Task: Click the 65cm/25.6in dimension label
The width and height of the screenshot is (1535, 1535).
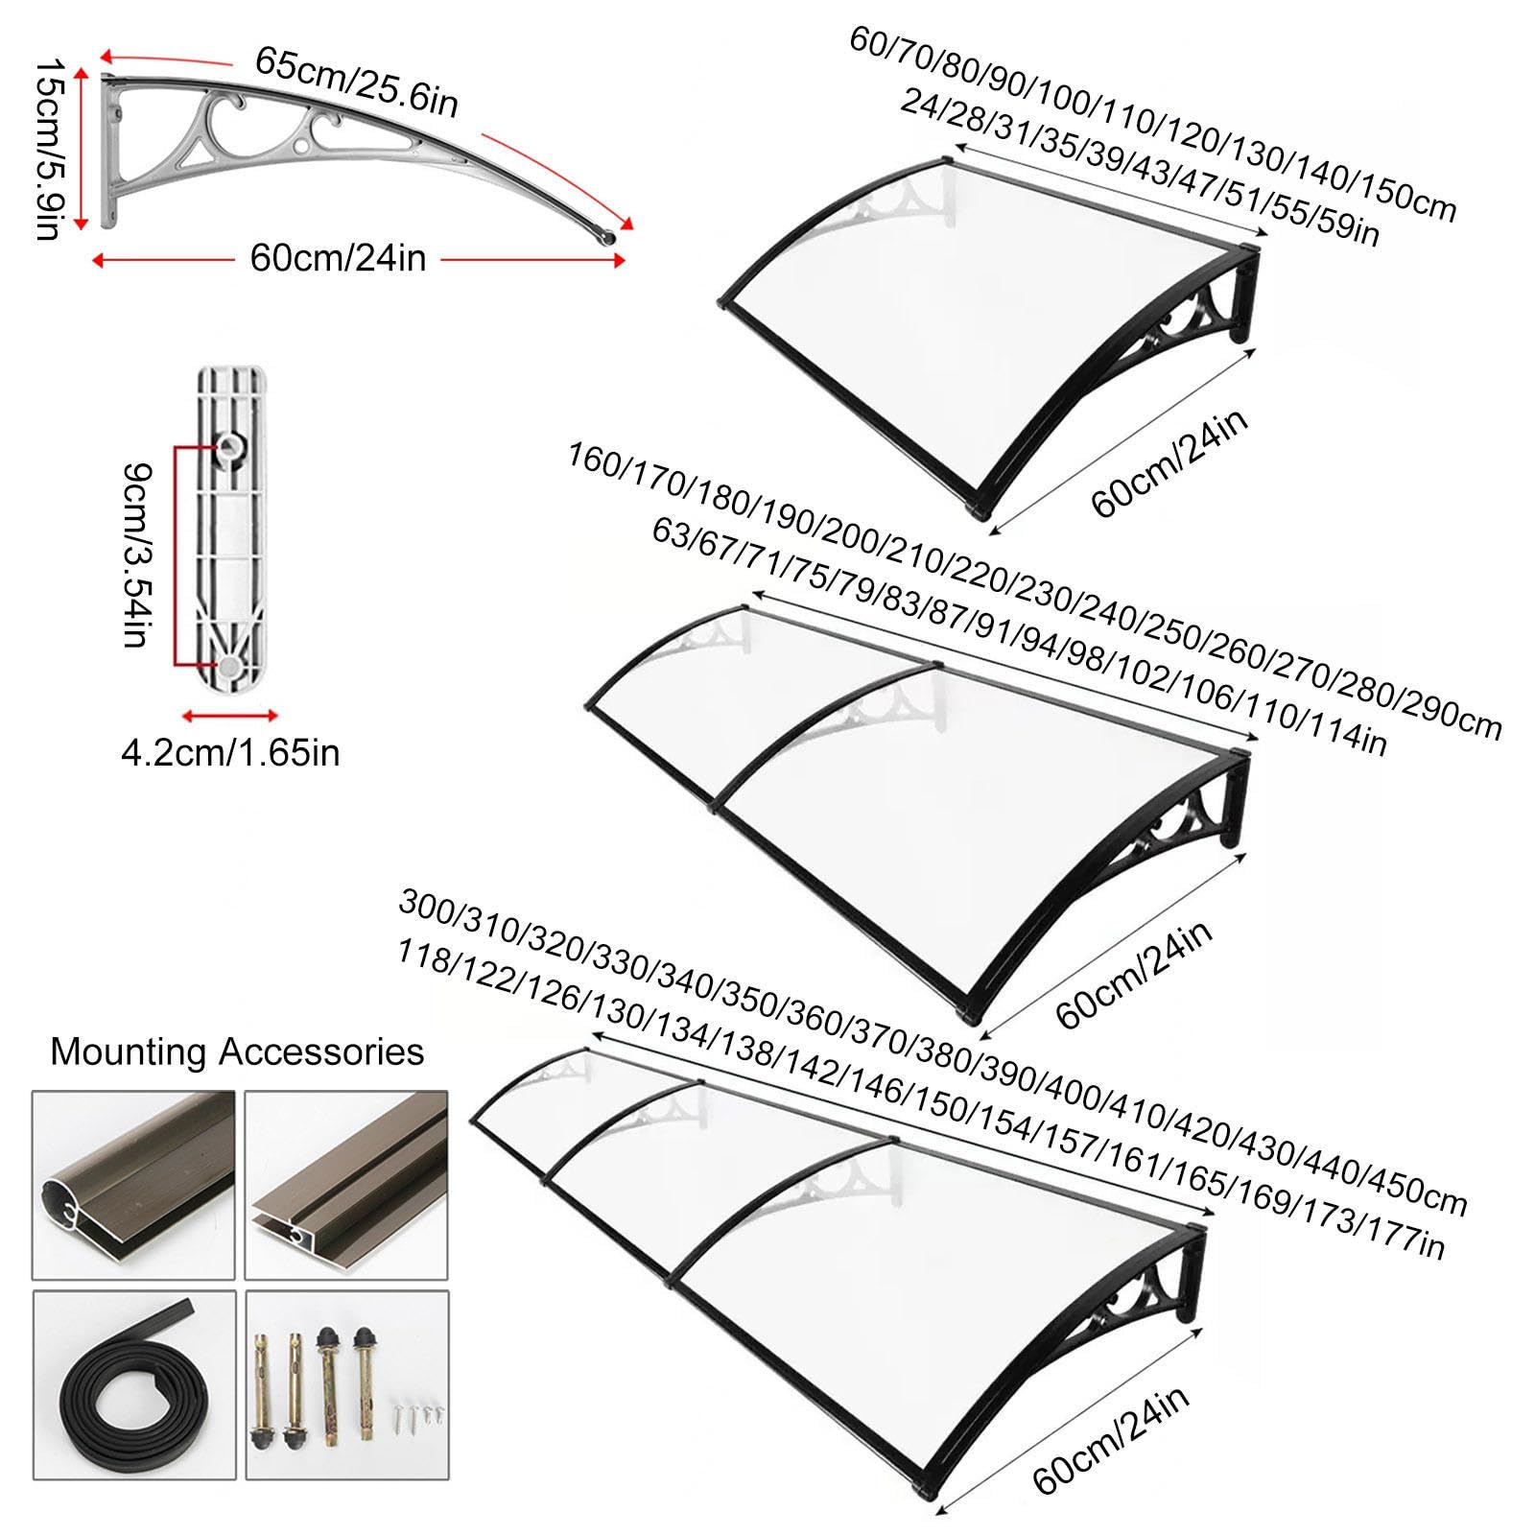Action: pyautogui.click(x=357, y=82)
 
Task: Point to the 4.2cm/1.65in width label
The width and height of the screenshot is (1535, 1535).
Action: pyautogui.click(x=230, y=752)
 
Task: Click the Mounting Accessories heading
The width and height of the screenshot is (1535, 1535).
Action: pyautogui.click(x=237, y=1051)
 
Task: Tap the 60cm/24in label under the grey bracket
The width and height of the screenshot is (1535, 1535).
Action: pyautogui.click(x=338, y=258)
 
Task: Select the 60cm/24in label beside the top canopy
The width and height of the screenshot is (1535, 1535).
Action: pyautogui.click(x=1169, y=464)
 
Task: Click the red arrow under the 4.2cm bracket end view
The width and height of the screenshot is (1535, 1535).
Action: pyautogui.click(x=230, y=715)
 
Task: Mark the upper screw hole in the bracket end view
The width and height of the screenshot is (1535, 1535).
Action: pyautogui.click(x=230, y=444)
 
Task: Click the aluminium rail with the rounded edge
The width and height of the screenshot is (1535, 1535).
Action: pyautogui.click(x=134, y=1185)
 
